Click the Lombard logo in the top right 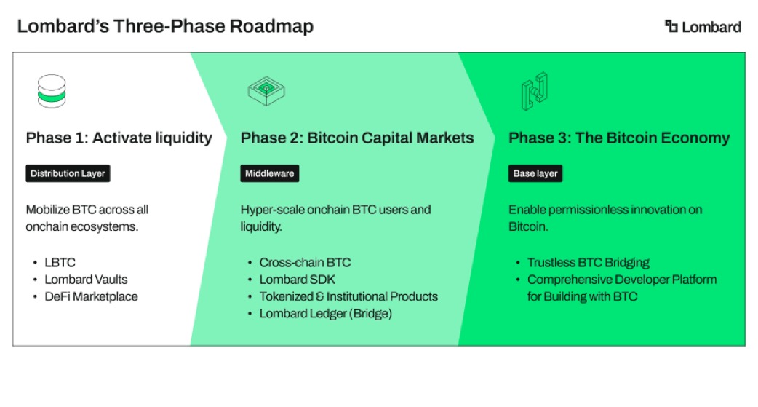coord(703,27)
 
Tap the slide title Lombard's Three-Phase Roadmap coord(165,26)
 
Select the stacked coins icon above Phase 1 coord(52,91)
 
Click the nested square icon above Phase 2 coord(266,91)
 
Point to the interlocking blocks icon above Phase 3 coord(535,91)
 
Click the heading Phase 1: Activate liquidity coord(119,138)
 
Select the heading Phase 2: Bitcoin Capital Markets coord(357,138)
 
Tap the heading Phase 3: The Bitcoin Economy coord(619,138)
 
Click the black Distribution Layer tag coord(68,173)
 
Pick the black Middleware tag coord(270,173)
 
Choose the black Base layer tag coord(535,173)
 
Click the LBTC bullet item coord(60,262)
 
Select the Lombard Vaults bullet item coord(86,280)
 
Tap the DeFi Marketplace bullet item coord(92,296)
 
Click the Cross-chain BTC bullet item coord(305,262)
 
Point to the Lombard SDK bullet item coord(298,280)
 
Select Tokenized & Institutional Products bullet coord(348,296)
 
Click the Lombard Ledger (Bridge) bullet coord(326,314)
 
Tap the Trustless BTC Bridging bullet coord(589,262)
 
